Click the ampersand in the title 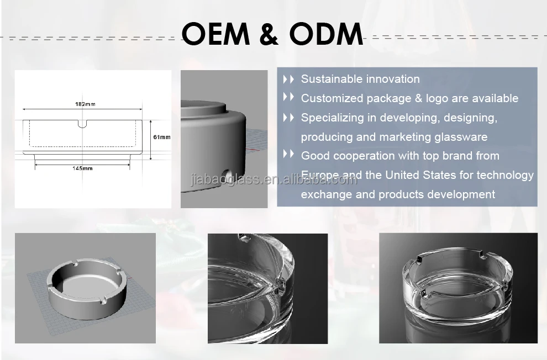click(x=272, y=34)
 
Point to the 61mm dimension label click(x=161, y=137)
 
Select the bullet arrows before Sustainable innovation click(x=288, y=79)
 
